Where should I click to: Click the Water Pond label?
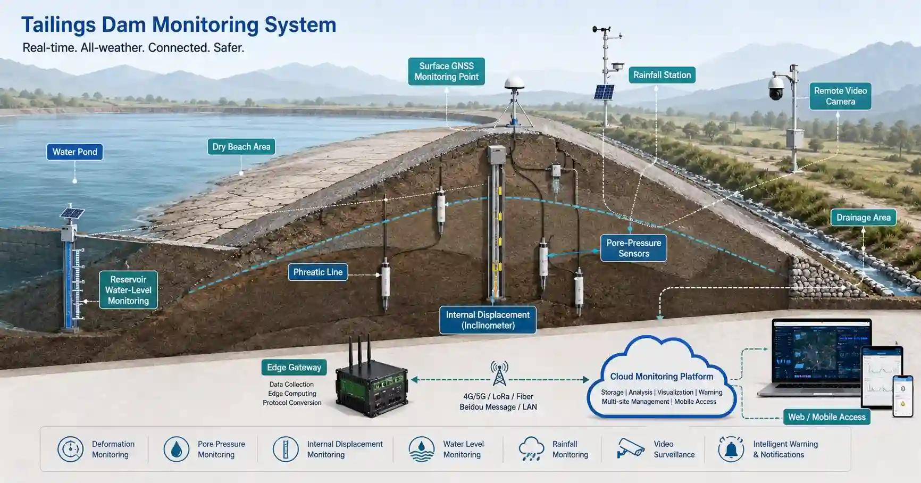tap(74, 152)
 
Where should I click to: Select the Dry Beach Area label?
tap(241, 147)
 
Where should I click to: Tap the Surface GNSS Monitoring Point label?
tap(446, 71)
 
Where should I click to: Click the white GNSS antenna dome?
tap(514, 84)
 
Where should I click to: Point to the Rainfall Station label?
tap(662, 75)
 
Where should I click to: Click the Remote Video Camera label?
tap(840, 96)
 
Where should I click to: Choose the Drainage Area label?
tap(863, 218)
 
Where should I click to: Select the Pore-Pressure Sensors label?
tap(633, 248)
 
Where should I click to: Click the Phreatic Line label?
tap(318, 272)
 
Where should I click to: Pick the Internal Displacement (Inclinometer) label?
tap(488, 320)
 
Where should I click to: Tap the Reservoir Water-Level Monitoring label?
tap(128, 290)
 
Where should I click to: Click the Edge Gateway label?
tap(294, 368)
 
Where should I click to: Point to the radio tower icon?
tap(499, 373)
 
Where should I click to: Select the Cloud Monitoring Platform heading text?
tap(662, 377)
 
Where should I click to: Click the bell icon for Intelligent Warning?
tap(731, 449)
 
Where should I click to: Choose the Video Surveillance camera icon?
tap(631, 448)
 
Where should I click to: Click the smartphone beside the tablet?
tap(902, 396)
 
